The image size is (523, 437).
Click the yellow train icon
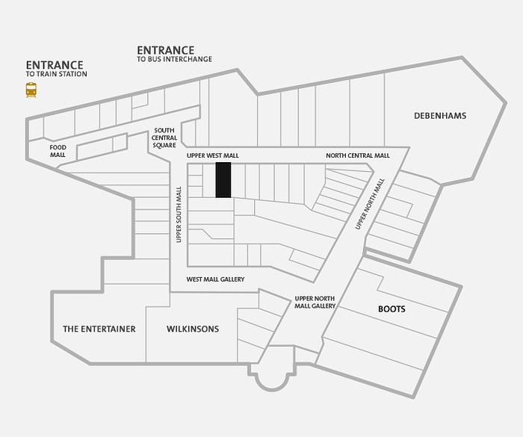click(x=31, y=90)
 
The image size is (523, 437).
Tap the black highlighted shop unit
click(x=223, y=180)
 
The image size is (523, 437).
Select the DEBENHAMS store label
click(x=440, y=116)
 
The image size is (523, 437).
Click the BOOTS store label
click(x=392, y=309)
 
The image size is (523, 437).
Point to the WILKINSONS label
click(x=193, y=329)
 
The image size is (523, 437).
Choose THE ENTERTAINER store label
click(x=99, y=329)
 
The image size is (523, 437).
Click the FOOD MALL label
click(x=58, y=151)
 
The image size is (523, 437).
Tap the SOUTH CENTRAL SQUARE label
click(x=164, y=137)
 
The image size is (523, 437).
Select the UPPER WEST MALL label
click(x=213, y=156)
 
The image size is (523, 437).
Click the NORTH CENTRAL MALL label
click(x=358, y=155)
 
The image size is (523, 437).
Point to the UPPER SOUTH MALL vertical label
click(x=179, y=214)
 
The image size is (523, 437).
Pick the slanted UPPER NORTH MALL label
click(x=370, y=204)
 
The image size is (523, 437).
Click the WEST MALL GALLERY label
click(x=215, y=279)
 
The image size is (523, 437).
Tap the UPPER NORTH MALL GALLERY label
click(x=315, y=303)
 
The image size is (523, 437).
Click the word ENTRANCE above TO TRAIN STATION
click(x=55, y=65)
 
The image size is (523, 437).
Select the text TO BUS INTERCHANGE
click(x=174, y=59)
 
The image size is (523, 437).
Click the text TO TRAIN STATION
click(x=56, y=74)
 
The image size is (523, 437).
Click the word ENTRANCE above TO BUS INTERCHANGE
click(x=165, y=50)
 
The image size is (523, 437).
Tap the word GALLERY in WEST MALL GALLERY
click(x=232, y=279)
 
